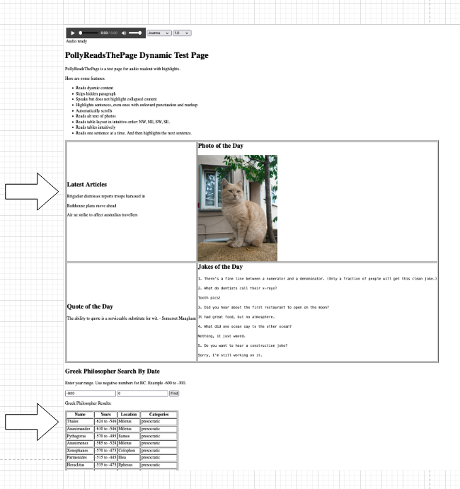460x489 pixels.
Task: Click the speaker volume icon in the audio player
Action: pyautogui.click(x=123, y=33)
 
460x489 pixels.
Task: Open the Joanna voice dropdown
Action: pyautogui.click(x=159, y=33)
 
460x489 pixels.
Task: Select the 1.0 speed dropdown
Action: pyautogui.click(x=183, y=33)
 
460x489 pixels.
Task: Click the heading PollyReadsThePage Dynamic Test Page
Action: pyautogui.click(x=137, y=55)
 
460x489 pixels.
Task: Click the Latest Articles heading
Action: pyautogui.click(x=86, y=184)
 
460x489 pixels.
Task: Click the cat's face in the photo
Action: pyautogui.click(x=229, y=190)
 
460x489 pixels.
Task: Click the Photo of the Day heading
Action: pyautogui.click(x=220, y=146)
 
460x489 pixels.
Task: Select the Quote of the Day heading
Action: pyautogui.click(x=89, y=306)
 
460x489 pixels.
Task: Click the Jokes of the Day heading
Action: pyautogui.click(x=220, y=267)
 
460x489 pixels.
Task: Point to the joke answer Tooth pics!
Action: pyautogui.click(x=210, y=297)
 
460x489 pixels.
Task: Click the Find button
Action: pyautogui.click(x=174, y=392)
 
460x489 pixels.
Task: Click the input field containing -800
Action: pyautogui.click(x=90, y=392)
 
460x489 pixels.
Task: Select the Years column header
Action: pyautogui.click(x=105, y=414)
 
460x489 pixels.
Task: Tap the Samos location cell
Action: pyautogui.click(x=127, y=437)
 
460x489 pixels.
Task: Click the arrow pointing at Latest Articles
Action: pyautogui.click(x=33, y=190)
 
